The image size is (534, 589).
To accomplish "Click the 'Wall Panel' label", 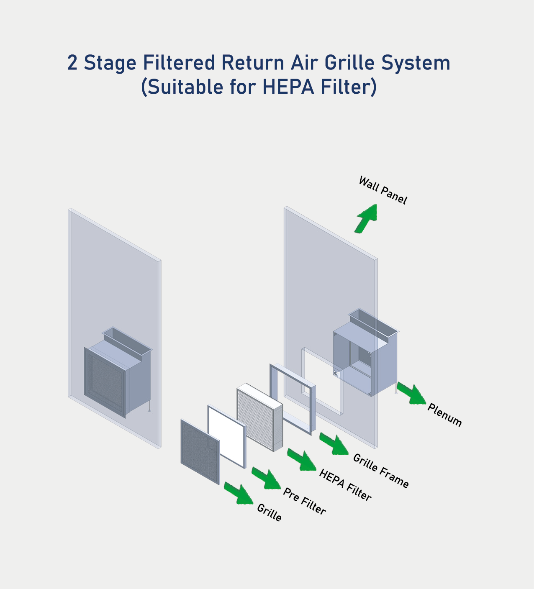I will (383, 190).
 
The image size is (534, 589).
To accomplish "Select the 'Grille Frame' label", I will (381, 471).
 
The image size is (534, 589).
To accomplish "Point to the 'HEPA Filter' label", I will (345, 485).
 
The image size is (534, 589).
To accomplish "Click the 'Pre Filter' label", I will (304, 501).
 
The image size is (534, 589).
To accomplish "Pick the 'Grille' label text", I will (269, 512).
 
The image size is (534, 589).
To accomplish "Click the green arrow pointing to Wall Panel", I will (367, 218).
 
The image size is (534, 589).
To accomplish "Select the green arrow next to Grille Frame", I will (334, 443).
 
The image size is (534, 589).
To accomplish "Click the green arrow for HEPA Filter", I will (302, 460).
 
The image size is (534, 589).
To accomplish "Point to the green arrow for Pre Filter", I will (266, 478).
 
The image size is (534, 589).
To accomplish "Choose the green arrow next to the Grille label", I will (239, 493).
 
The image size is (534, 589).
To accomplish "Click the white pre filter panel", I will (226, 436).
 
